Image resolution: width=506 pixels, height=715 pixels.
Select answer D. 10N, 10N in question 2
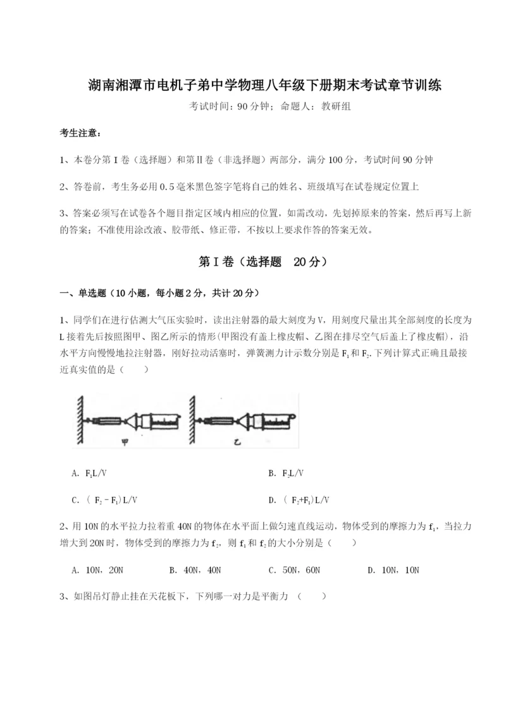click(393, 570)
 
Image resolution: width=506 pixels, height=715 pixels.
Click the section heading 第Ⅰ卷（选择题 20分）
click(253, 261)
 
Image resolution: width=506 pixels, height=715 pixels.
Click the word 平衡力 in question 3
click(273, 596)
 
